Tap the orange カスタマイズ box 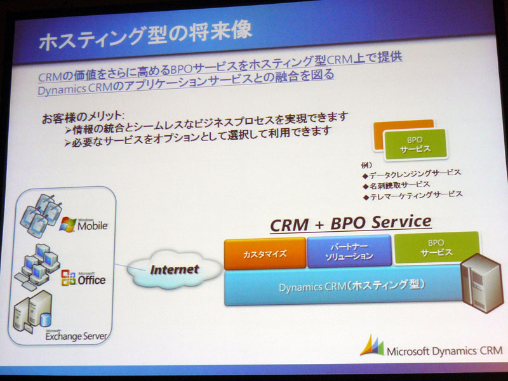tap(265, 253)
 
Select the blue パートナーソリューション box tap(349, 251)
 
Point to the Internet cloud tap(174, 269)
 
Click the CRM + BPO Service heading tap(351, 224)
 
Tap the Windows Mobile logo tap(84, 224)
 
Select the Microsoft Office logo tap(83, 278)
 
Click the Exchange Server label tap(76, 336)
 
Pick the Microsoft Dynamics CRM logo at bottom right tap(431, 347)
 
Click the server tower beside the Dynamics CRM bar tap(482, 283)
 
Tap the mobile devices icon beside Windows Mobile tap(41, 215)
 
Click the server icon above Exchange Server tap(32, 312)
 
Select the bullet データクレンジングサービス tap(411, 174)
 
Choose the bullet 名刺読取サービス tap(396, 185)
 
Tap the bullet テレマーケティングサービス tap(413, 196)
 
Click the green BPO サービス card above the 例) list tap(415, 145)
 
